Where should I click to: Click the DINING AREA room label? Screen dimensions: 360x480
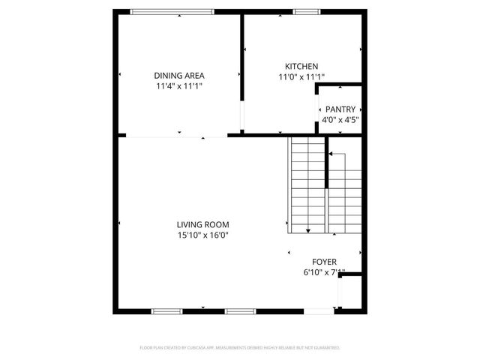tap(179, 75)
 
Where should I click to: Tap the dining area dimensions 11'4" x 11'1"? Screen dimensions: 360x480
tap(179, 86)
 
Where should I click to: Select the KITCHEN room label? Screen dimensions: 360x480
tap(301, 66)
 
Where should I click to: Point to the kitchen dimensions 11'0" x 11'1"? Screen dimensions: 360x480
tap(301, 76)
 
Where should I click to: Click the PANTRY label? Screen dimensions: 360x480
tap(340, 109)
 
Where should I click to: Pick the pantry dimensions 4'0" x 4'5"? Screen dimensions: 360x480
tap(340, 120)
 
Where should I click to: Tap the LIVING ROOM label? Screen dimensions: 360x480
tap(202, 224)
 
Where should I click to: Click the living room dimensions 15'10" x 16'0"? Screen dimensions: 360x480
tap(202, 235)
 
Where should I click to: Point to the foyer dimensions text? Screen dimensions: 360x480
tap(325, 273)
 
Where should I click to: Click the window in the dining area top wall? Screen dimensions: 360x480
tap(172, 11)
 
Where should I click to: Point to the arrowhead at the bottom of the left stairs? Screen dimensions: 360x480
tap(308, 230)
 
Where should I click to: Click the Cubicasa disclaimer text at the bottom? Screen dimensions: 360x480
tap(240, 348)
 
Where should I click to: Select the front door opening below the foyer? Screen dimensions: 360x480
tap(319, 310)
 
